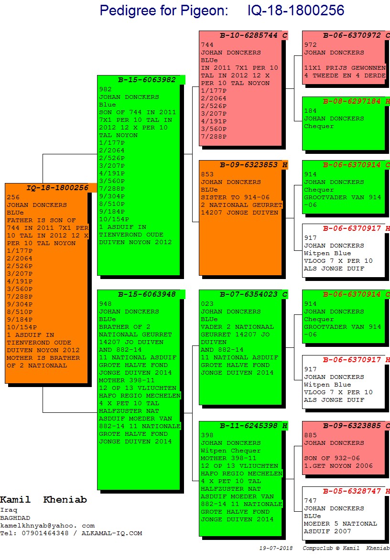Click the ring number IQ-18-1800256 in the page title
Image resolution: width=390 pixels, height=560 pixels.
tap(296, 11)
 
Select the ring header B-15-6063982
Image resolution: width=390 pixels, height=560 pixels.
tap(147, 80)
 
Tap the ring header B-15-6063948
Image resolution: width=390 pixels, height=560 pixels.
tap(147, 294)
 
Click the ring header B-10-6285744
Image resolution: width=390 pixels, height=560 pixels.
tap(249, 35)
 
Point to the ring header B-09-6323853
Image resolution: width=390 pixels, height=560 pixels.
tap(249, 165)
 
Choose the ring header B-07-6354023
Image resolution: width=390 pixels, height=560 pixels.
tap(249, 294)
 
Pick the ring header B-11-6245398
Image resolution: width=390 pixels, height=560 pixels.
tap(249, 426)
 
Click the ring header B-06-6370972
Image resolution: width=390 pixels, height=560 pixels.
tap(352, 35)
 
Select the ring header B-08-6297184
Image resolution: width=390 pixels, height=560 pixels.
tap(352, 101)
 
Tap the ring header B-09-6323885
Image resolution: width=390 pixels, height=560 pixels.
tap(352, 426)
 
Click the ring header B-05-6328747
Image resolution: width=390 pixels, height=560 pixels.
tap(352, 491)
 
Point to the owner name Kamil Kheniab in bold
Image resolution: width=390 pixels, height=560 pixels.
tap(43, 500)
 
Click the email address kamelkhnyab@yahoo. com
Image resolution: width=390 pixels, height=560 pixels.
tap(47, 526)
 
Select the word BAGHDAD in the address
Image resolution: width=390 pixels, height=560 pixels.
tap(15, 518)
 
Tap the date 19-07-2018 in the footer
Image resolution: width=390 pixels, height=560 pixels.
tap(276, 548)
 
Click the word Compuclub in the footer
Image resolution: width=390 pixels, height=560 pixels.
tap(318, 548)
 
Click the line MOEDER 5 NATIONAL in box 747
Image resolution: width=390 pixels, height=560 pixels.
tap(340, 524)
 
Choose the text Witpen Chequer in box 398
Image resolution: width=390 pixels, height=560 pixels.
tap(231, 451)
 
